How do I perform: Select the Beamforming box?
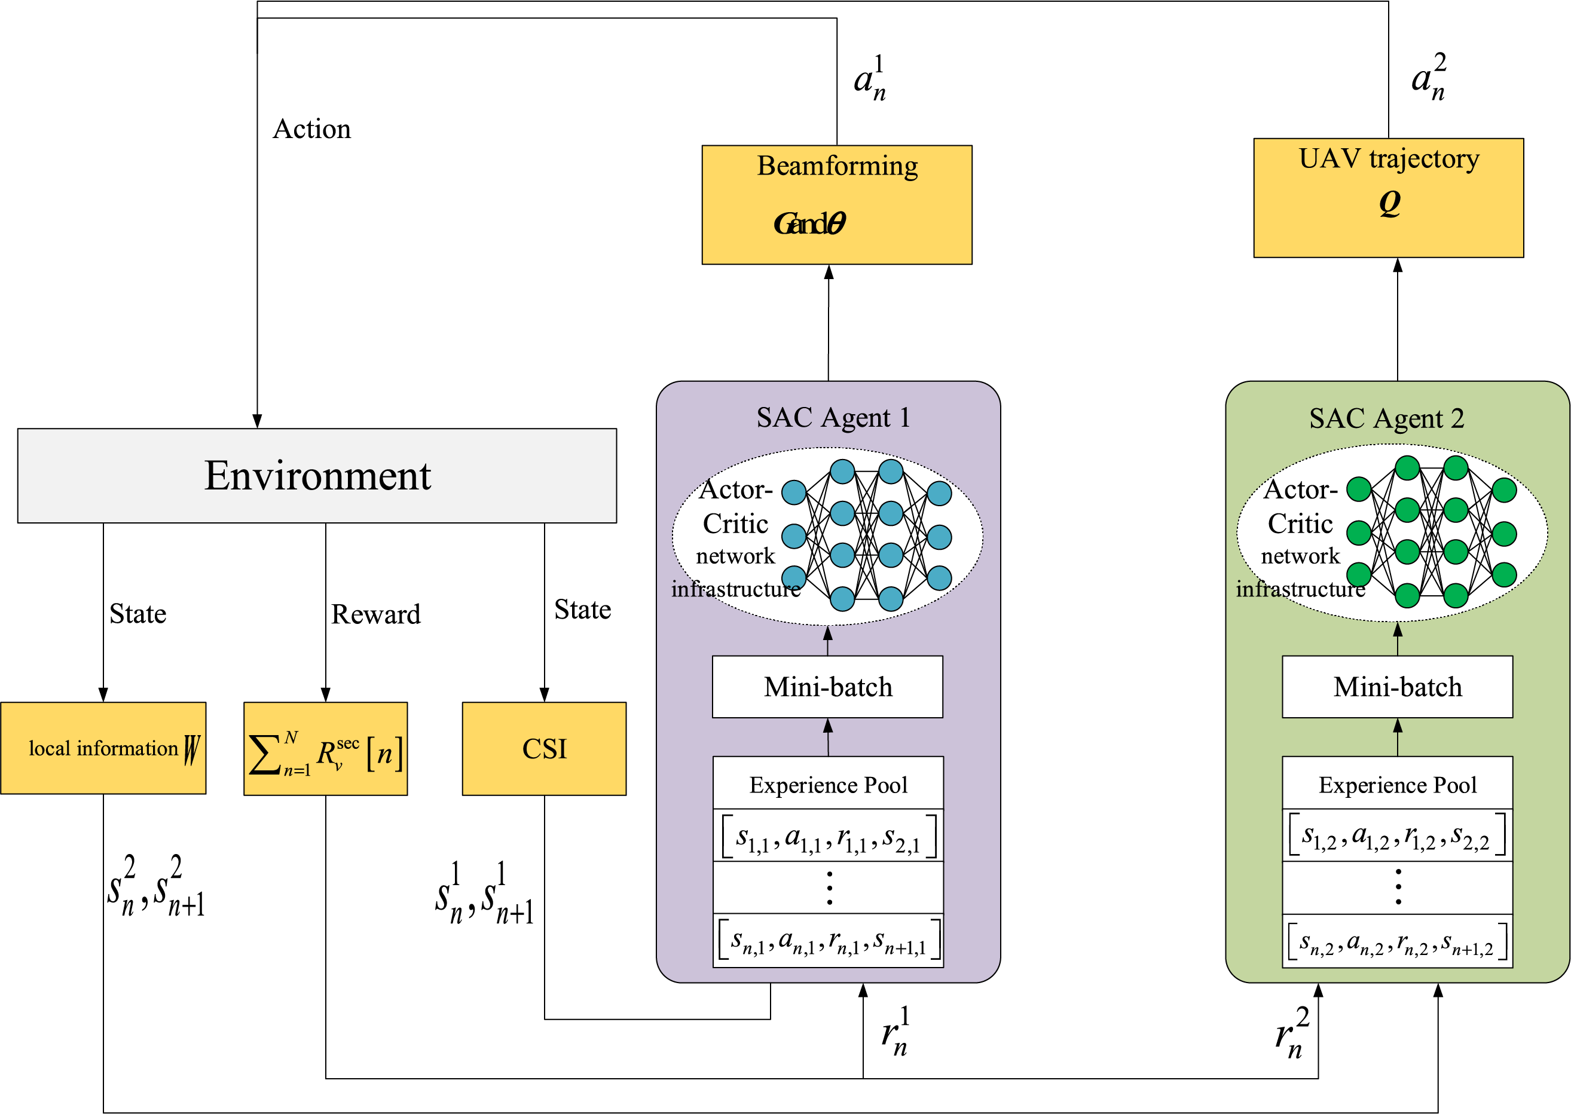pyautogui.click(x=836, y=204)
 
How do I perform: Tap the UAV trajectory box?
pyautogui.click(x=1388, y=198)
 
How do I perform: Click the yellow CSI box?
pyautogui.click(x=544, y=748)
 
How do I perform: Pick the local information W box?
pyautogui.click(x=103, y=748)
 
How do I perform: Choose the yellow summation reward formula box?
pyautogui.click(x=325, y=749)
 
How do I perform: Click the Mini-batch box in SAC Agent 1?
pyautogui.click(x=827, y=687)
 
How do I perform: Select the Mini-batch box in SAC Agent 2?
pyautogui.click(x=1397, y=687)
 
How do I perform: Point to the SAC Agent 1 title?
pyautogui.click(x=833, y=417)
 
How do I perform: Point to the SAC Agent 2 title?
pyautogui.click(x=1386, y=418)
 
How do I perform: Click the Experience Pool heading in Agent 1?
pyautogui.click(x=828, y=784)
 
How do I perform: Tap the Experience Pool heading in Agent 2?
pyautogui.click(x=1398, y=784)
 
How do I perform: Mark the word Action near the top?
pyautogui.click(x=311, y=129)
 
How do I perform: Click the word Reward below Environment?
pyautogui.click(x=375, y=614)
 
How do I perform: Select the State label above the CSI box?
pyautogui.click(x=582, y=609)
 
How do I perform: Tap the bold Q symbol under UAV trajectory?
pyautogui.click(x=1389, y=203)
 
